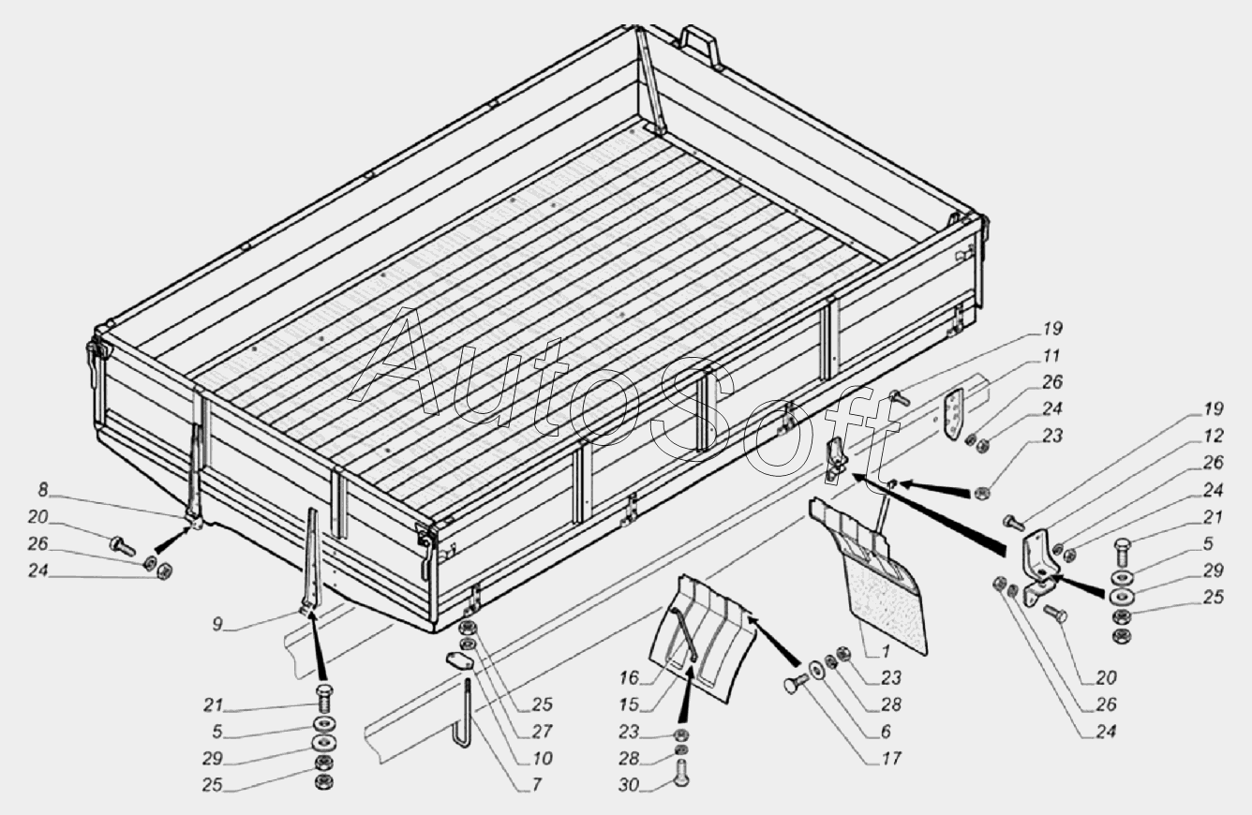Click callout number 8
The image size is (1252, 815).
(43, 491)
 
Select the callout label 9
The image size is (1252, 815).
(217, 624)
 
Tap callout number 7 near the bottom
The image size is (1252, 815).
(536, 785)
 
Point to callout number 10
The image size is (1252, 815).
(542, 758)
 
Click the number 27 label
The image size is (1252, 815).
(542, 732)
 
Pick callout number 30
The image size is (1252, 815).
(629, 785)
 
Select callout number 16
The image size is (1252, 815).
(629, 678)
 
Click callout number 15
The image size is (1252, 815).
(629, 705)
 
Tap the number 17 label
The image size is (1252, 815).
(891, 758)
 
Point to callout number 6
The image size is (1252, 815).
(886, 732)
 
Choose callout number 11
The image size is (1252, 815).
(1051, 355)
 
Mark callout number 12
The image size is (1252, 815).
(1213, 436)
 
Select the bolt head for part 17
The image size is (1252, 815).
(793, 685)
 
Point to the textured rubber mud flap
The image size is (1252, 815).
(888, 610)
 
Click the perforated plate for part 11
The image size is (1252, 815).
(957, 416)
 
